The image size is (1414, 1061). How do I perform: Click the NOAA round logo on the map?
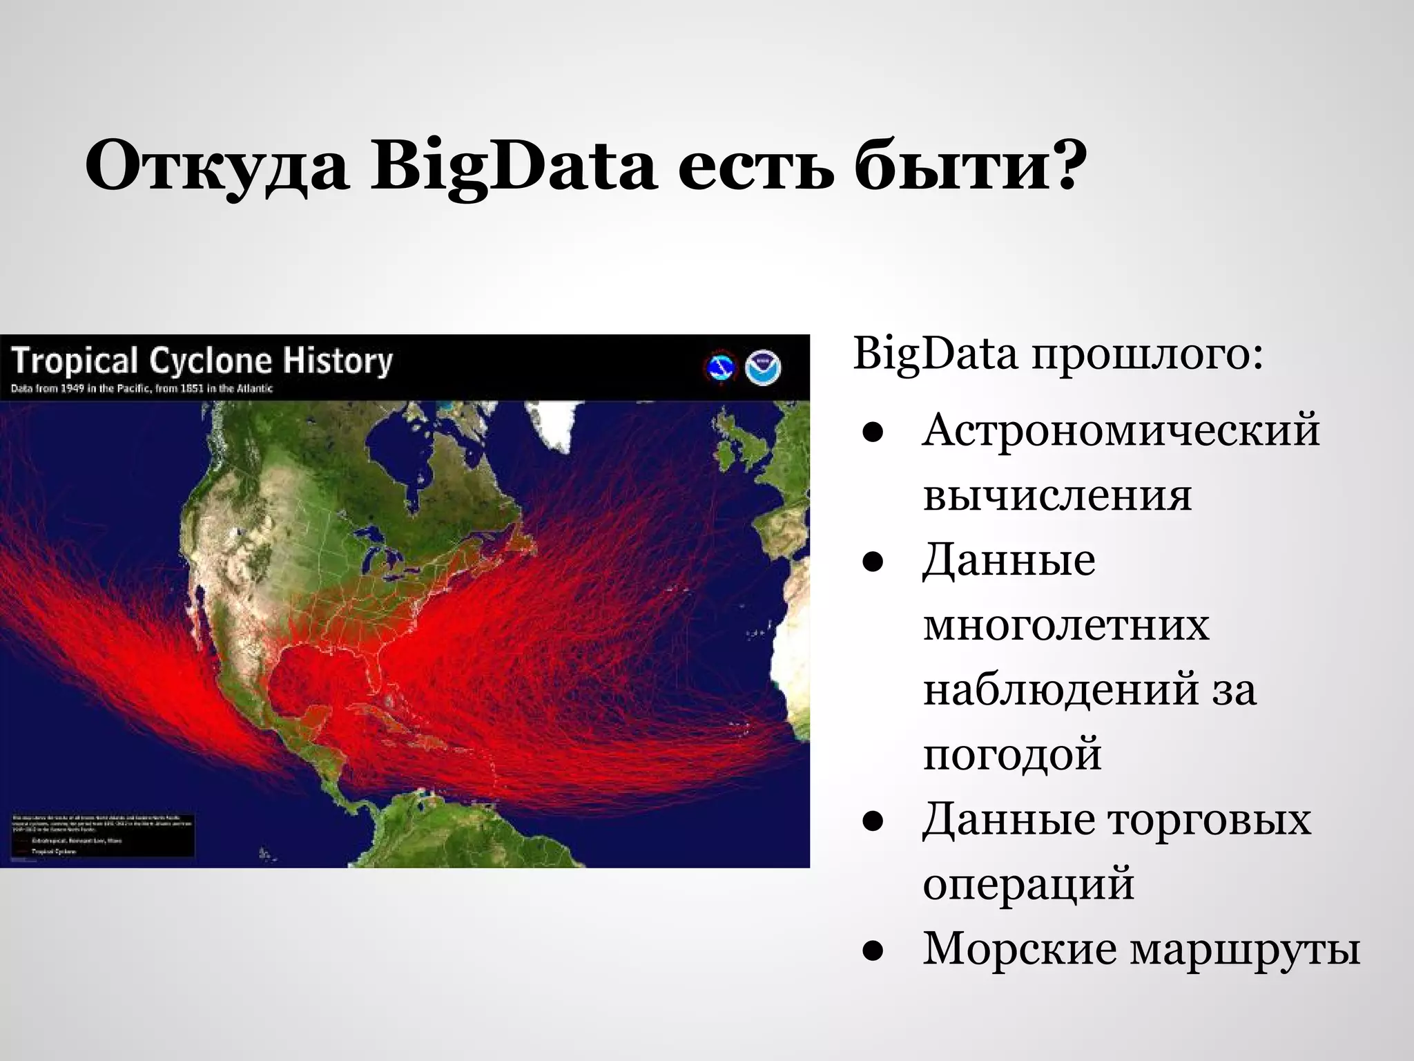click(763, 367)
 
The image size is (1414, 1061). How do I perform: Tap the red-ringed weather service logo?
click(721, 367)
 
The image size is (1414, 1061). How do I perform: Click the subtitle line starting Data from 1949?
click(142, 388)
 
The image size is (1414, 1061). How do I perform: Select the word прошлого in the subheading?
click(1147, 354)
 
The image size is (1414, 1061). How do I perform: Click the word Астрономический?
click(1121, 430)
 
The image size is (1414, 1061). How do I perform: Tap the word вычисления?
click(1057, 495)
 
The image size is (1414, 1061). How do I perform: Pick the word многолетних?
click(1066, 625)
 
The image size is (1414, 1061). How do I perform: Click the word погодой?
click(1012, 754)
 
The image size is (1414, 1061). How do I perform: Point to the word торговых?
click(1209, 819)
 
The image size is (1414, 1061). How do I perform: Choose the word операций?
click(1028, 884)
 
